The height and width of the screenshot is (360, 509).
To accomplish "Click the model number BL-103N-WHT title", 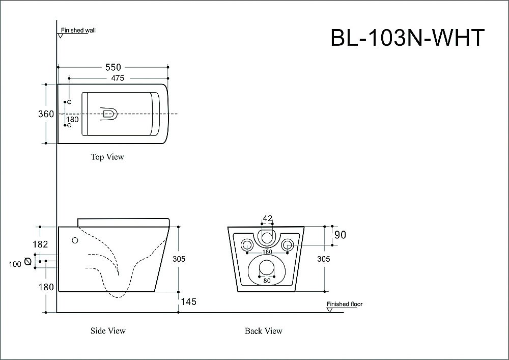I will tap(407, 38).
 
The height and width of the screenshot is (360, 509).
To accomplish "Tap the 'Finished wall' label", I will tap(78, 31).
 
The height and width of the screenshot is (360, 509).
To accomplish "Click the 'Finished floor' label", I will tap(345, 304).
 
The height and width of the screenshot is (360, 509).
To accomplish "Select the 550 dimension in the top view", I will tap(113, 67).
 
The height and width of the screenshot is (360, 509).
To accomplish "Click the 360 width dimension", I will tap(46, 114).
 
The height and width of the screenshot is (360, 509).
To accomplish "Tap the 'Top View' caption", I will tap(107, 157).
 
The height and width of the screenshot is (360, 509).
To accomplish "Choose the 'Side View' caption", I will tap(108, 330).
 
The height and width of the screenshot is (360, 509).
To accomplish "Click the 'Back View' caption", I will tap(263, 331).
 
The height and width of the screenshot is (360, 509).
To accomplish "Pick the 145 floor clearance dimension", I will tap(188, 302).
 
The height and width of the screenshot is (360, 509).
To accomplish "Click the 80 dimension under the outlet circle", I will tap(266, 280).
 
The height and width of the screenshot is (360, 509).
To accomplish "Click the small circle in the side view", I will tap(75, 240).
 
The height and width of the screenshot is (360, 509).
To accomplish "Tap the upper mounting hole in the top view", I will tap(69, 103).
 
